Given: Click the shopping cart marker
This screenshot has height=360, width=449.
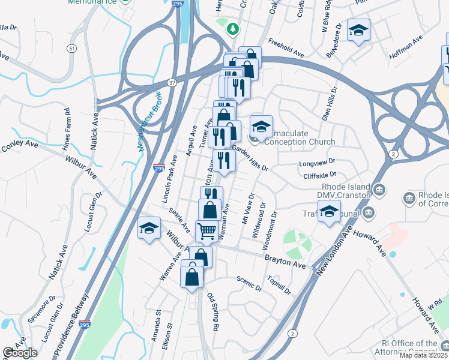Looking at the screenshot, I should pyautogui.click(x=206, y=230).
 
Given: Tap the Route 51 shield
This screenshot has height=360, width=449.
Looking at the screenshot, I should pyautogui.click(x=73, y=48).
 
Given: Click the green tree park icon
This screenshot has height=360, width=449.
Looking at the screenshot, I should pyautogui.click(x=232, y=28).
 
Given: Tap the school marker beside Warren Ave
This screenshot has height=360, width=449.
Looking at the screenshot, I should pyautogui.click(x=149, y=229).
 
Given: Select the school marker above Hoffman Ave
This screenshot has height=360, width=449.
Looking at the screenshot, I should pyautogui.click(x=358, y=31).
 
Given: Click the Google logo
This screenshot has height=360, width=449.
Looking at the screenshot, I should pyautogui.click(x=20, y=353).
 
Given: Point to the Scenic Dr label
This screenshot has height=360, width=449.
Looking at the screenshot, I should pyautogui.click(x=249, y=284).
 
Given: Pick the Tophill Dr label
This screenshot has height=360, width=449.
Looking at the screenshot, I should pyautogui.click(x=280, y=286).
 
